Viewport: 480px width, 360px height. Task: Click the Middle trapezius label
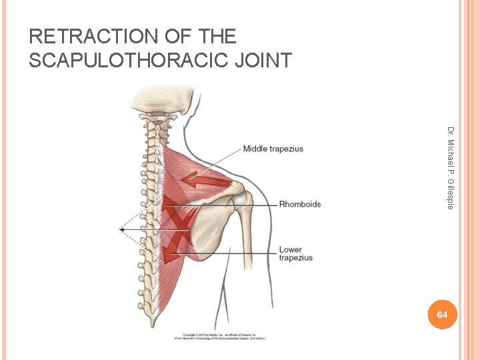pos(273,149)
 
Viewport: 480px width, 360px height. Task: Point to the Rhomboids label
pos(299,204)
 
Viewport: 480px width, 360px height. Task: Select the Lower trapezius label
pos(295,254)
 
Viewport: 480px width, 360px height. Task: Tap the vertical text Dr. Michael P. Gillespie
pos(451,168)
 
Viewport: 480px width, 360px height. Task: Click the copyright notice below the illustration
pos(220,336)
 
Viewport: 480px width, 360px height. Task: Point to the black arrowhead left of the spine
pos(122,229)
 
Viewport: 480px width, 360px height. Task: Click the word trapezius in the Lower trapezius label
pos(295,258)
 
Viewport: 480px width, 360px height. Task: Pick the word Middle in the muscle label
pos(255,149)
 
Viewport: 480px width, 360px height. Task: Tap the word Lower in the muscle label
pos(291,250)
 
